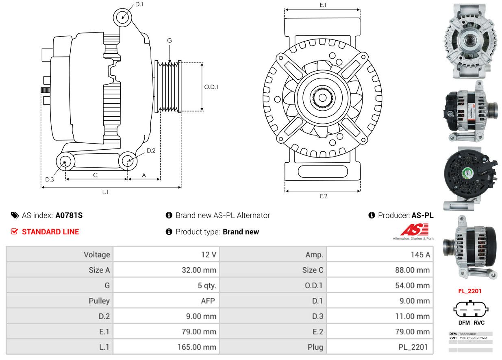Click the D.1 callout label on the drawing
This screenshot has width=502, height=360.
click(x=139, y=4)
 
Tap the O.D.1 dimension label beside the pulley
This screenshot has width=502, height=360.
click(x=211, y=87)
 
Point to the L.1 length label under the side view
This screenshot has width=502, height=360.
click(x=105, y=192)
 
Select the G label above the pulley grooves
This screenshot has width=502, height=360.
click(x=170, y=41)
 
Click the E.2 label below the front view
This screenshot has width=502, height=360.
click(x=324, y=196)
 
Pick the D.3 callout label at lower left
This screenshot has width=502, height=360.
click(x=50, y=179)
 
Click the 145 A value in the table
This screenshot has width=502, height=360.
click(x=420, y=255)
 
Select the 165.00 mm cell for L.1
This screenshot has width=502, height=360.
click(x=197, y=347)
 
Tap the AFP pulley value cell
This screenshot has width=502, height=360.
click(x=208, y=301)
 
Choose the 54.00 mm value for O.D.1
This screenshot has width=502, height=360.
click(x=412, y=285)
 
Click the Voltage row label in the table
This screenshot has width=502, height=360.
click(x=97, y=255)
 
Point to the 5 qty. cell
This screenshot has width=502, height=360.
click(x=207, y=285)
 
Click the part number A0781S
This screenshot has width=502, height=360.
click(x=69, y=215)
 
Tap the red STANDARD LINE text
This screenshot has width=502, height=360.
click(x=50, y=232)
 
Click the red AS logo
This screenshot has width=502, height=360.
click(x=414, y=229)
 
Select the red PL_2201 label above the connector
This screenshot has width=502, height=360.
click(x=470, y=291)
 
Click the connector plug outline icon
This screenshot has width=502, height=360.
click(x=471, y=309)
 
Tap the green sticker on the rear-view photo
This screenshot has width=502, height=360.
click(x=468, y=173)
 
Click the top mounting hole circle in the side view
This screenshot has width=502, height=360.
click(x=122, y=17)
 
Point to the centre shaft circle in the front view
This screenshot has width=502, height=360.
click(x=322, y=98)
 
